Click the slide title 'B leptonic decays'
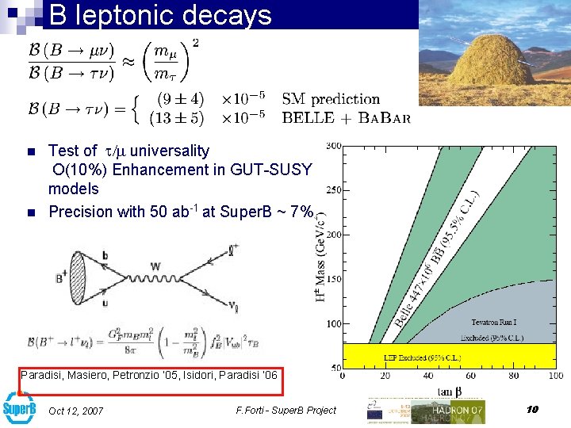159,14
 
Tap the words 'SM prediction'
331,100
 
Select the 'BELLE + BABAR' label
347,117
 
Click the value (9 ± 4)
181,100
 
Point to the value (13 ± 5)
180,117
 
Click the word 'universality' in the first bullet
169,151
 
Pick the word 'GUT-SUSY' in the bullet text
278,170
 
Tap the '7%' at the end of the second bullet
301,212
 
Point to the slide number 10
532,409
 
